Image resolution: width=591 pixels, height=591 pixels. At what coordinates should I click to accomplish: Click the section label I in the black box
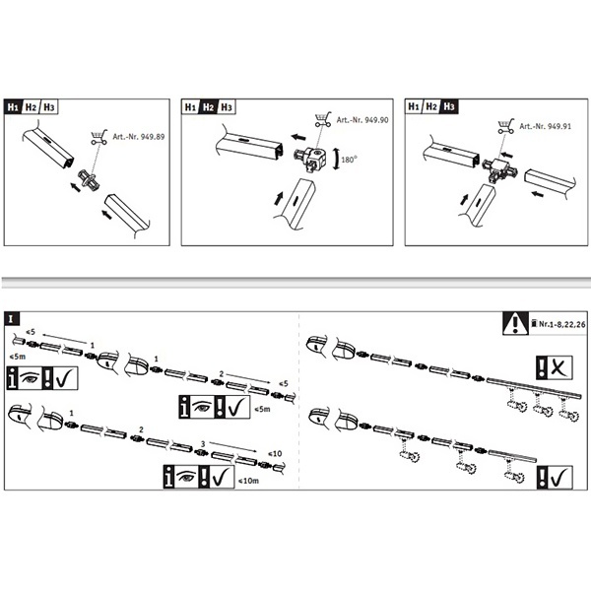[x=10, y=319]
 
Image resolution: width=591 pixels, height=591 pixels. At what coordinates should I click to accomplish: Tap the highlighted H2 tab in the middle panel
[x=209, y=106]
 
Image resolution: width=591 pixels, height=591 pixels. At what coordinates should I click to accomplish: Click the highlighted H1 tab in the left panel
[x=13, y=106]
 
